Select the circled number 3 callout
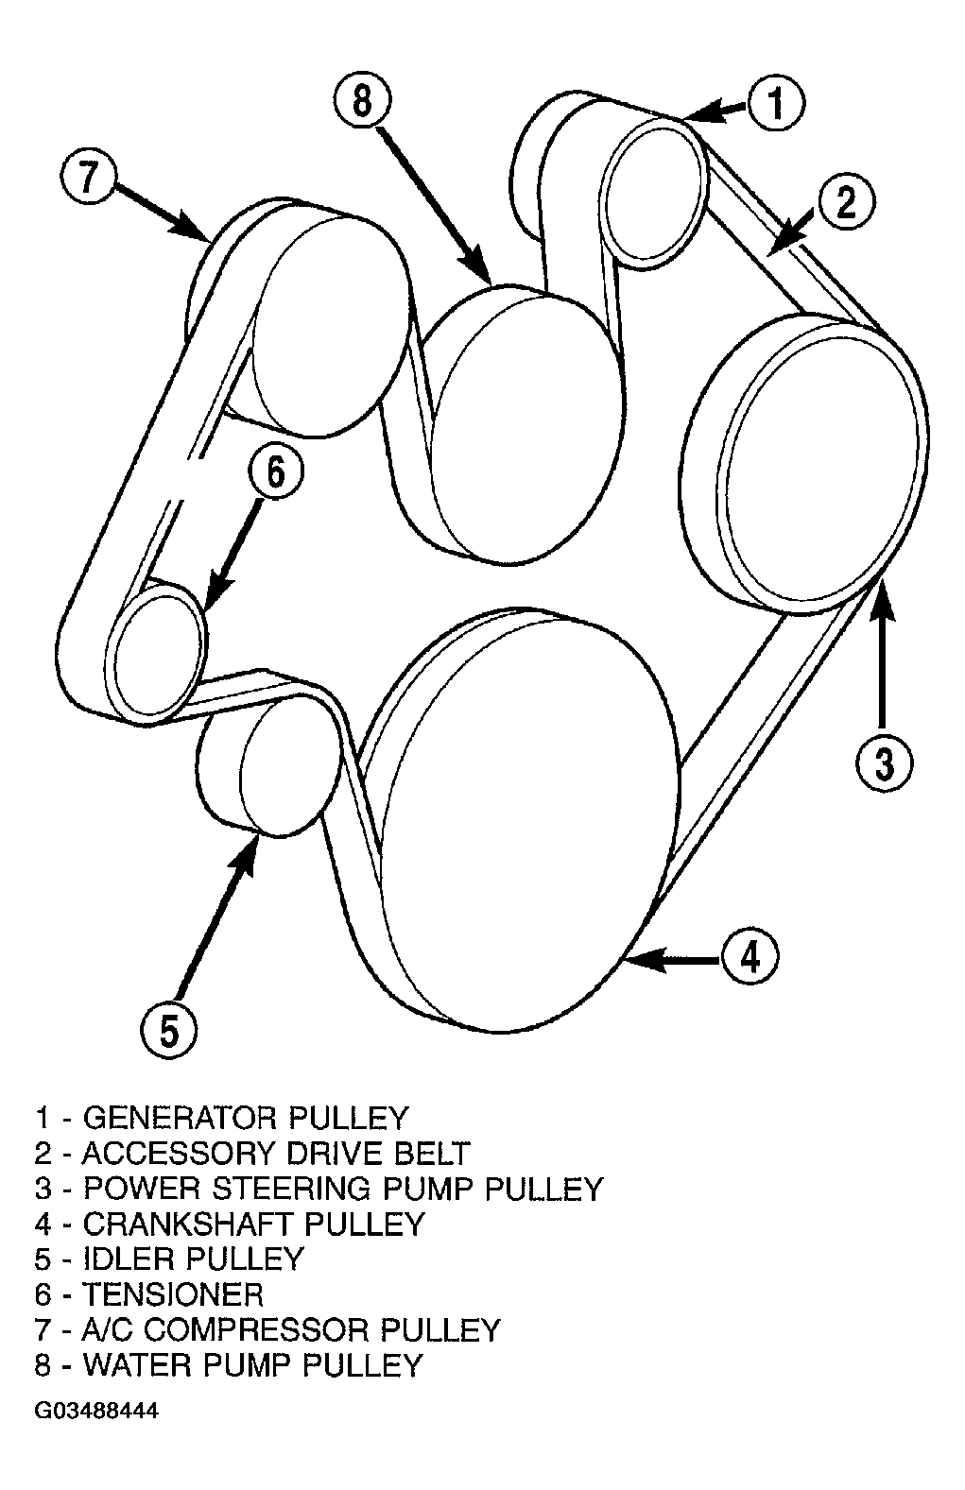pyautogui.click(x=884, y=763)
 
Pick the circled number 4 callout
pyautogui.click(x=750, y=958)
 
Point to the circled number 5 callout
pyautogui.click(x=169, y=1032)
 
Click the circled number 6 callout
pyautogui.click(x=276, y=472)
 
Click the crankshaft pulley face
pyautogui.click(x=529, y=825)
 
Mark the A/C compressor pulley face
pyautogui.click(x=331, y=325)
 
